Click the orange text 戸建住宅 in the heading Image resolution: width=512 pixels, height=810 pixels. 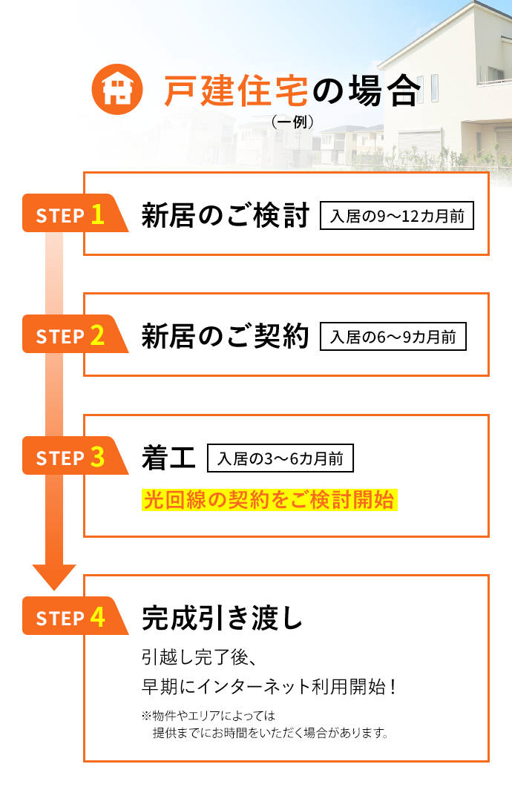[x=236, y=90]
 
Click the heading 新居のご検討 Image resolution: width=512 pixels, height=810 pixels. [x=225, y=216]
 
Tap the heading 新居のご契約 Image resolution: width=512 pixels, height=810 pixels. [x=225, y=337]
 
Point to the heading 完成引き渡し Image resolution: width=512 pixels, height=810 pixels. [x=223, y=617]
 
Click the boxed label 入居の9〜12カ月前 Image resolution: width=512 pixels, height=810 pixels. [x=397, y=217]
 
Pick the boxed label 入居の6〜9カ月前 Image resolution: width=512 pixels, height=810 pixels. [x=393, y=337]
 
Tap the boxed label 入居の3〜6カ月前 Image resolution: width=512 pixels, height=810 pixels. [x=280, y=458]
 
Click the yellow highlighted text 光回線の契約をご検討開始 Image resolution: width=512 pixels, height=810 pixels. [x=269, y=500]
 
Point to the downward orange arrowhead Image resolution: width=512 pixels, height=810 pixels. [x=54, y=576]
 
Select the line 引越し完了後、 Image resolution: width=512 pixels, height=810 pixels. [x=198, y=657]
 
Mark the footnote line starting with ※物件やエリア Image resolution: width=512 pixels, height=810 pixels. [x=209, y=716]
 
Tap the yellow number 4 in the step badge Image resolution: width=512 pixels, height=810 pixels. [x=97, y=617]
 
